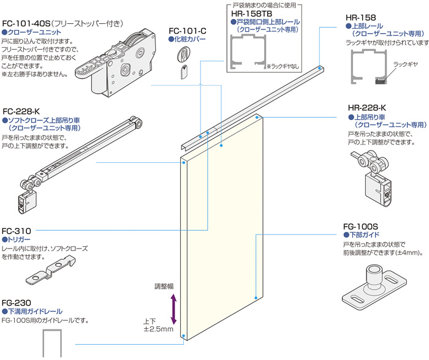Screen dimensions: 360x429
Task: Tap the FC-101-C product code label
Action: click(x=187, y=29)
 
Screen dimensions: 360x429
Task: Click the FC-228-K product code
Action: click(x=21, y=111)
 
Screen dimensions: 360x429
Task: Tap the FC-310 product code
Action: click(x=16, y=231)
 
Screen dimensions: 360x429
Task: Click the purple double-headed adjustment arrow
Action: click(x=173, y=309)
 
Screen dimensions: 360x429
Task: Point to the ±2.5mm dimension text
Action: click(x=158, y=330)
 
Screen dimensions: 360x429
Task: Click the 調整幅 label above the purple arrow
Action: click(x=165, y=286)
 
